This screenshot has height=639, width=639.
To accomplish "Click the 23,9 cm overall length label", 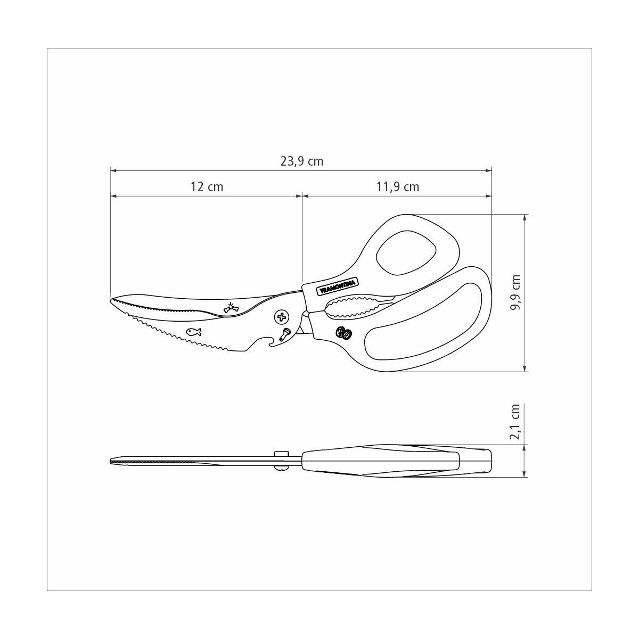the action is pos(302,161).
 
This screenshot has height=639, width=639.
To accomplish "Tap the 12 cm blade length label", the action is pos(207,187).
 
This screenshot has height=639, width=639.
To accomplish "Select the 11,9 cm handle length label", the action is pos(397,187).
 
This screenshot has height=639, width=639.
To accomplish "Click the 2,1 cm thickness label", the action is pos(515,421).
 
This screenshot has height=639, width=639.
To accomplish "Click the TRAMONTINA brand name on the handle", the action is pos(337,286).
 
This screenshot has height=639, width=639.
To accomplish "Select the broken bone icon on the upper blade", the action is pos(231,307).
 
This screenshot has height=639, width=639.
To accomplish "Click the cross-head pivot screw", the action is pos(282,317).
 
